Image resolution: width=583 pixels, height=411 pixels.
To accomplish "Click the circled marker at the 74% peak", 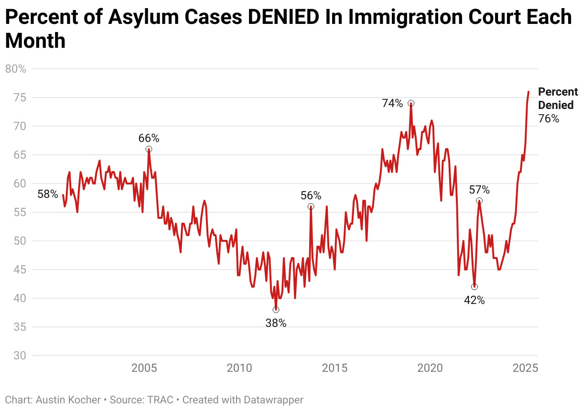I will click(x=410, y=103).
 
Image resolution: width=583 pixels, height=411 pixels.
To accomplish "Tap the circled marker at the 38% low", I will click(x=276, y=310).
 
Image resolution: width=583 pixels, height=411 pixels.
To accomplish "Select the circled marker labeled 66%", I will click(x=149, y=149).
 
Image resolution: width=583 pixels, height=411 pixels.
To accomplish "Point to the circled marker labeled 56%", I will click(x=311, y=206).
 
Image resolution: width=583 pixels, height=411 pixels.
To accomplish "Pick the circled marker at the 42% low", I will click(x=474, y=287).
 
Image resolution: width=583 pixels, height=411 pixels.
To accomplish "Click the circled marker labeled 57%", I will click(x=479, y=201).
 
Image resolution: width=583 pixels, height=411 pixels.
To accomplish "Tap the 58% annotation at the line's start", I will click(x=47, y=195).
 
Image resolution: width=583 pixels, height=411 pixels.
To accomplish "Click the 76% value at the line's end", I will click(x=549, y=119).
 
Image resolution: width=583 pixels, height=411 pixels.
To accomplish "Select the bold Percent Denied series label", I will click(x=558, y=98).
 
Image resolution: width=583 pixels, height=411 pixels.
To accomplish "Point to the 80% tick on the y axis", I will click(x=15, y=69).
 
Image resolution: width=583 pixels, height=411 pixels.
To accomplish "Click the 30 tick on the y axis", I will click(x=20, y=356).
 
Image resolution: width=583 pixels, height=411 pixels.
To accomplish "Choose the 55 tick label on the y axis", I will click(x=20, y=212).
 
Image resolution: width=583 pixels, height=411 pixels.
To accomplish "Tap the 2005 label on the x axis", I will click(x=144, y=368).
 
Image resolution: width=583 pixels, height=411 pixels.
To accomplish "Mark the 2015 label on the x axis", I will click(x=335, y=368).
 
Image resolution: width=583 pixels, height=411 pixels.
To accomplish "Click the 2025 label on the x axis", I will click(x=526, y=368).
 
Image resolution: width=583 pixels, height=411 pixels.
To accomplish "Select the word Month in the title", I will click(x=35, y=41).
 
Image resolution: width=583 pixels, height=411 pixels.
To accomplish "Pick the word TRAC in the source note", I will click(x=163, y=400).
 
